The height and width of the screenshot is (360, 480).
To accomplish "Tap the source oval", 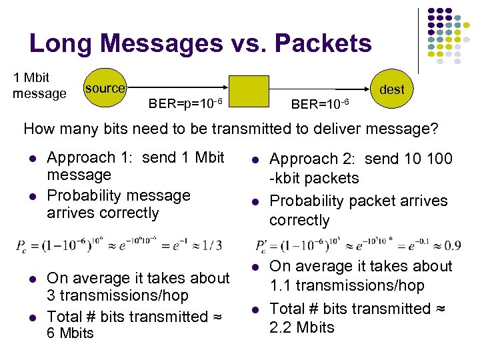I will (104, 88).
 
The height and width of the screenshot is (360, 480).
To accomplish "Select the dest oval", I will (391, 89).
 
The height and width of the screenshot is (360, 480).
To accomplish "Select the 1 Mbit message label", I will (39, 86).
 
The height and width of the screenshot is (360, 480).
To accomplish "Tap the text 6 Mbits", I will (70, 333).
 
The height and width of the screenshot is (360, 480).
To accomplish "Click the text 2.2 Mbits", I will (302, 327).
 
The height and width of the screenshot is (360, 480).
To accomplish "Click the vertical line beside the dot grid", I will (419, 40).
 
